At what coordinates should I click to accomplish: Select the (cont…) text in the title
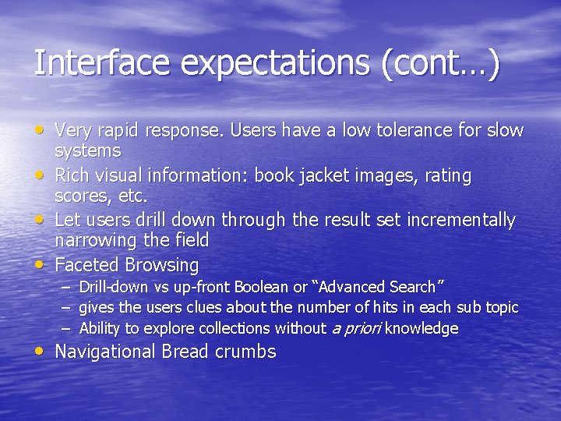click(441, 63)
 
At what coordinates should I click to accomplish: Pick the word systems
click(88, 150)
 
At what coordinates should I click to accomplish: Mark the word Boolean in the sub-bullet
click(263, 288)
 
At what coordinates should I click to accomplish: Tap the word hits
click(384, 308)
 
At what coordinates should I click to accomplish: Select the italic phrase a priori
click(356, 328)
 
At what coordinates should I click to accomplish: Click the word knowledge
click(422, 328)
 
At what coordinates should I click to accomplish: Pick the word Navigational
click(106, 352)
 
